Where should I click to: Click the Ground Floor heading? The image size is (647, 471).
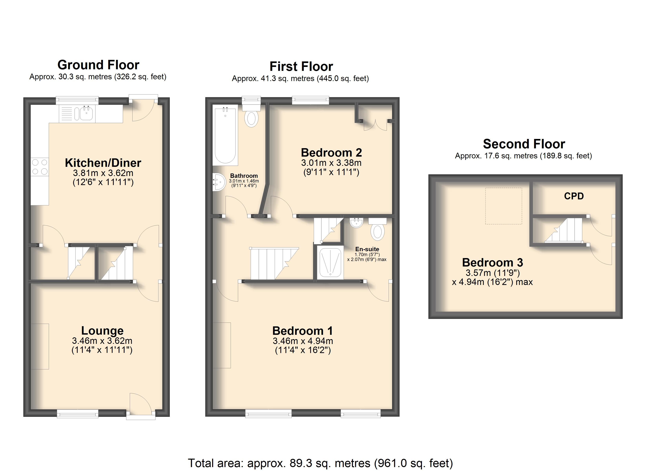(x=98, y=65)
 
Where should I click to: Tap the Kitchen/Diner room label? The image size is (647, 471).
(x=103, y=163)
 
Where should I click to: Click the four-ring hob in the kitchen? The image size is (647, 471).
(x=40, y=167)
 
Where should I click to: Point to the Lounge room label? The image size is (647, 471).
(x=102, y=330)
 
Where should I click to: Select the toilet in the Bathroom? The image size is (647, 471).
(x=251, y=118)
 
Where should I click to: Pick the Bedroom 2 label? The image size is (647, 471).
(x=331, y=152)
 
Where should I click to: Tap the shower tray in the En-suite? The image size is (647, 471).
(x=330, y=262)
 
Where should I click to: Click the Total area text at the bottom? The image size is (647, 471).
(x=320, y=463)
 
